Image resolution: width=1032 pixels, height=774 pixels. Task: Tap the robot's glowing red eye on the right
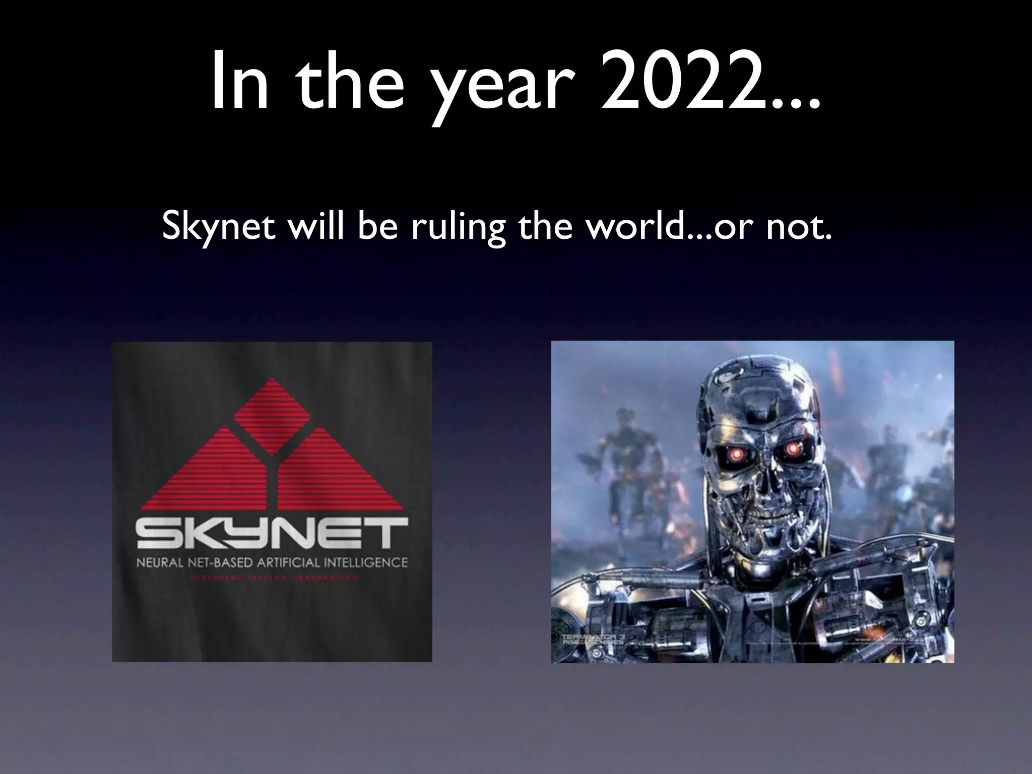(795, 447)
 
